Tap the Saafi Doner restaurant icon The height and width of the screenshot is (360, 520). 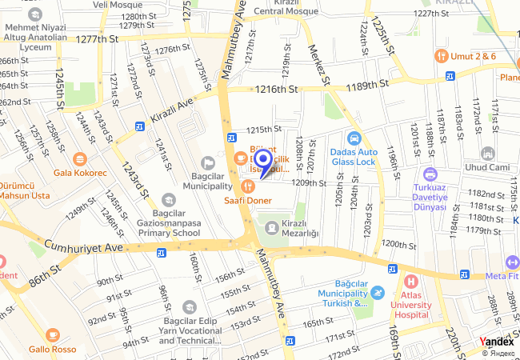(x=246, y=186)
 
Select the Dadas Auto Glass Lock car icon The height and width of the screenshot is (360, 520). (x=354, y=138)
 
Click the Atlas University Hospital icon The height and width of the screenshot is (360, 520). (x=410, y=281)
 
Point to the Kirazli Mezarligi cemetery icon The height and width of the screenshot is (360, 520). (x=272, y=228)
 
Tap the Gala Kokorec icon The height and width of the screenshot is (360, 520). (x=79, y=159)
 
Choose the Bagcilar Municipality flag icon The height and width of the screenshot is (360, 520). (x=209, y=162)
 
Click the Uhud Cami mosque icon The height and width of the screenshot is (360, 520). (x=487, y=152)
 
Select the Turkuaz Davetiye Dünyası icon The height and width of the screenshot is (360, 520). (x=430, y=174)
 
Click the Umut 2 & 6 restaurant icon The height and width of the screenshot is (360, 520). (x=440, y=56)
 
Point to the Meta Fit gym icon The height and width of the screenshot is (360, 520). (x=512, y=262)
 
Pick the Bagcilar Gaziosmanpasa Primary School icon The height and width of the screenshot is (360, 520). (x=168, y=199)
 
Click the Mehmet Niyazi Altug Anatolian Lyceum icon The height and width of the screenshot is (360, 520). (x=34, y=14)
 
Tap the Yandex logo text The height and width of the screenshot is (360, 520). (x=497, y=342)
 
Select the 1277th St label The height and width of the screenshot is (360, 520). (x=97, y=38)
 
